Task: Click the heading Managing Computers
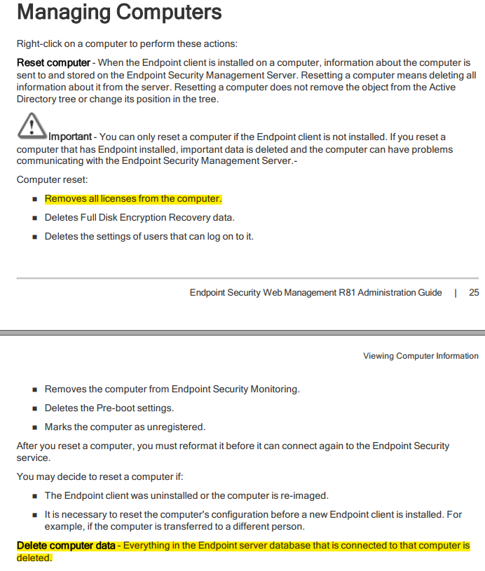pos(119,12)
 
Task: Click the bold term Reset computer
pos(53,63)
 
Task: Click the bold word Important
pos(70,137)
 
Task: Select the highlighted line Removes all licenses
pos(132,199)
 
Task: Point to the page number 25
pos(474,293)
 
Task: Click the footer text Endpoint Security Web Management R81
pos(315,293)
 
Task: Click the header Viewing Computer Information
pos(421,356)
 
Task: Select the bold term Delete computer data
pos(66,545)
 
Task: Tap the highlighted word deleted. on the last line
pos(34,558)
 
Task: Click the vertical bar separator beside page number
pos(456,293)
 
